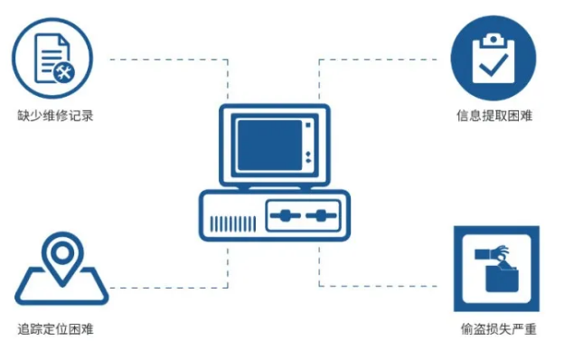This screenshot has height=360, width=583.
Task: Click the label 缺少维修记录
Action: [55, 116]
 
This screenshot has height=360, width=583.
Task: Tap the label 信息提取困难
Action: [494, 116]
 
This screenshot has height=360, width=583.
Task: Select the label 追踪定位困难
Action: [55, 328]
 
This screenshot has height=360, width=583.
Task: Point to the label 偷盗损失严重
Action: [498, 328]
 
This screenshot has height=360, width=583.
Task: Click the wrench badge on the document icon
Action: [64, 72]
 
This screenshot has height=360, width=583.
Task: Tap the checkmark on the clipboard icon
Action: [494, 65]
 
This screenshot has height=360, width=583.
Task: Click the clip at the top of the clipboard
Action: [493, 40]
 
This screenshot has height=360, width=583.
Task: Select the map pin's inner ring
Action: [62, 253]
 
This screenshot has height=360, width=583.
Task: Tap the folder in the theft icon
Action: [502, 279]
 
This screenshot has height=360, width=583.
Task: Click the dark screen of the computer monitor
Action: [269, 145]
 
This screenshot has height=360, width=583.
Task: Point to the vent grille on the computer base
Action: [233, 224]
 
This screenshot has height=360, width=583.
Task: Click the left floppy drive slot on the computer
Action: [286, 215]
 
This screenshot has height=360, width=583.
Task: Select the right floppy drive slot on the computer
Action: [321, 215]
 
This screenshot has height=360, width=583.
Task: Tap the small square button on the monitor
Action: [308, 126]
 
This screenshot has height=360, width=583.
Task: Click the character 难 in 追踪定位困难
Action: [88, 328]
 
